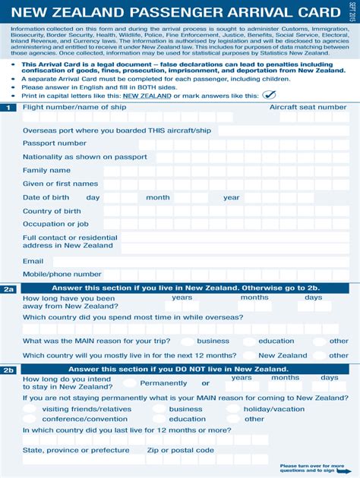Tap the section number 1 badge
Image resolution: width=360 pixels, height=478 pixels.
(8, 108)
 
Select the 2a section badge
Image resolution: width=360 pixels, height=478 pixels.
(8, 289)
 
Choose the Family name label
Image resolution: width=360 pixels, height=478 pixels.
(46, 170)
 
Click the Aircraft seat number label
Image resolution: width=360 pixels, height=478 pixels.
(308, 108)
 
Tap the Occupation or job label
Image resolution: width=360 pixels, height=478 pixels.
(55, 224)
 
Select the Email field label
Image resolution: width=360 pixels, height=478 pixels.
(33, 261)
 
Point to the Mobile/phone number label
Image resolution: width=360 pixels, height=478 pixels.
(62, 274)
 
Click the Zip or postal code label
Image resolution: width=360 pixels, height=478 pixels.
(180, 450)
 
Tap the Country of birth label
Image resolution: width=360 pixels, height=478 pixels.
(52, 211)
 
